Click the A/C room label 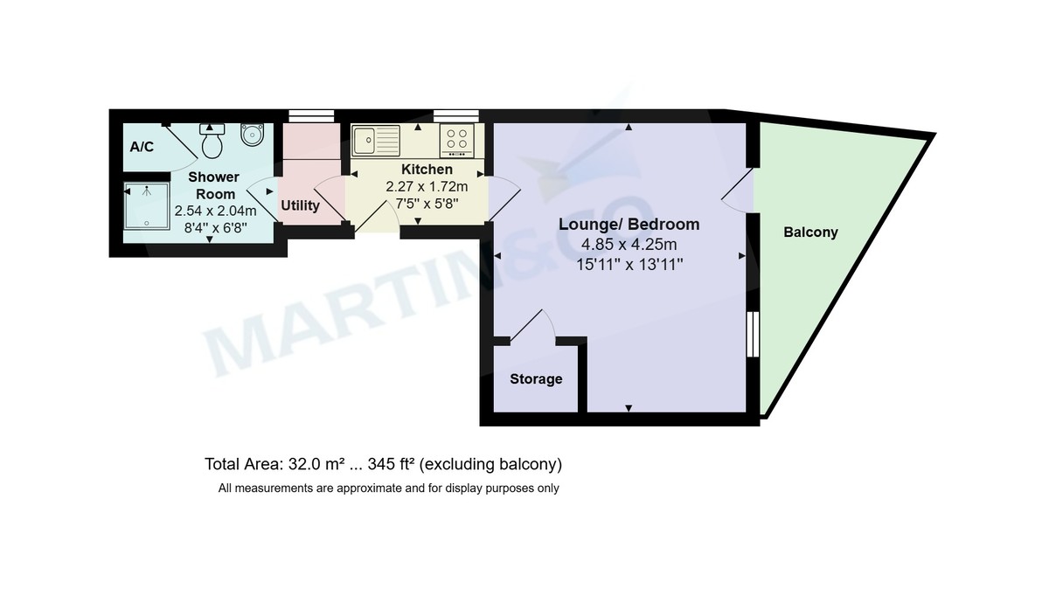click(x=142, y=147)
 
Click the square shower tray click(x=146, y=205)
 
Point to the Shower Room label click(x=214, y=185)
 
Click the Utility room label click(x=300, y=206)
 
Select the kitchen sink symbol click(x=376, y=139)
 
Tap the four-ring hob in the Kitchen click(x=457, y=139)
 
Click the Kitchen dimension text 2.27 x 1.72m click(x=427, y=186)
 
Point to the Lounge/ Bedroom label click(x=629, y=225)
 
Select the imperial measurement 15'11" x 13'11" click(x=629, y=263)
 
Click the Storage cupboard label click(x=536, y=379)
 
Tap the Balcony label click(x=810, y=232)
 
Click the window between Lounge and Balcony click(x=751, y=333)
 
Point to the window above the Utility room click(x=311, y=114)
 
